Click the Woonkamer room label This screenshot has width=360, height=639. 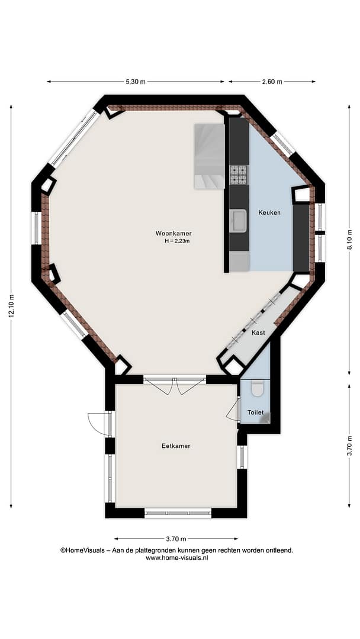(x=173, y=234)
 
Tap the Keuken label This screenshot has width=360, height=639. (x=269, y=212)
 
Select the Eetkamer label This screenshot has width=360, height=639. (x=176, y=446)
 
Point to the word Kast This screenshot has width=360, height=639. (x=258, y=333)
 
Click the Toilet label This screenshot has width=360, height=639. (x=256, y=412)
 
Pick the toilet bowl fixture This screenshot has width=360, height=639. (x=257, y=388)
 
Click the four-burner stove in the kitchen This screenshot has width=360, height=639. (x=239, y=175)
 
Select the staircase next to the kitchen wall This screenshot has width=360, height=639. (x=210, y=156)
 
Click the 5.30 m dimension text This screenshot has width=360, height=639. (x=136, y=82)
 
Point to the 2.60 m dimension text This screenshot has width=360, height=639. (x=272, y=82)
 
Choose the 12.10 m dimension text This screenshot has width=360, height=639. (x=11, y=306)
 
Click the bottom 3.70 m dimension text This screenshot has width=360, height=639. (x=176, y=539)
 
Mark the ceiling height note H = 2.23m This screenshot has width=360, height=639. (x=178, y=241)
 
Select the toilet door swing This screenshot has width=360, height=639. (x=233, y=409)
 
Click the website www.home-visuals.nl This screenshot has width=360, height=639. (x=177, y=558)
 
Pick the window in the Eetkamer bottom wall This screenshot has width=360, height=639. (x=178, y=513)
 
